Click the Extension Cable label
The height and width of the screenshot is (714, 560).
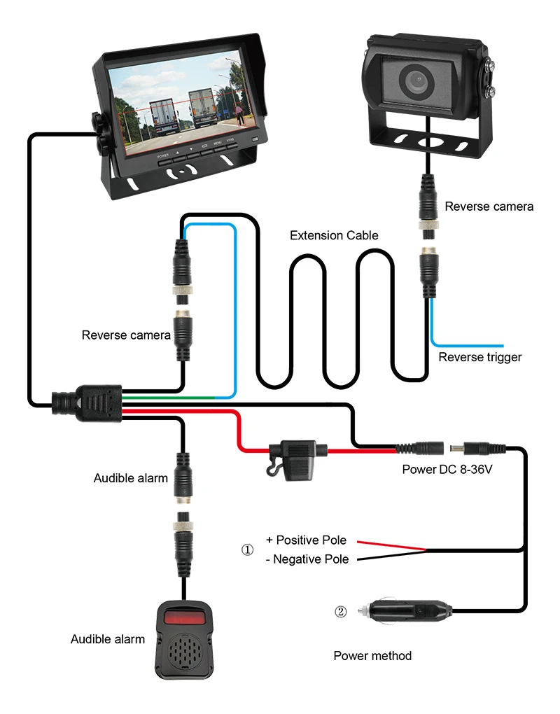[x=334, y=235]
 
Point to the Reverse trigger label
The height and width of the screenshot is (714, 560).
[x=479, y=358]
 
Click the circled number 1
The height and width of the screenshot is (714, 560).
[x=247, y=549]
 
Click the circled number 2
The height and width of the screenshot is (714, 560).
[x=340, y=612]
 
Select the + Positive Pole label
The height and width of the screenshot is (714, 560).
[x=306, y=540]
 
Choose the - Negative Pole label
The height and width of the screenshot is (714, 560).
[x=307, y=559]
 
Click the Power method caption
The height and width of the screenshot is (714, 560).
[x=372, y=656]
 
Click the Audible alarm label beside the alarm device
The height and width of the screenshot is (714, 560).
[x=107, y=639]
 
